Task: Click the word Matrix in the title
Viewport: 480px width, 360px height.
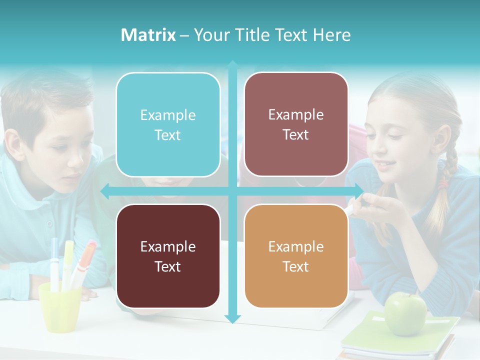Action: [148, 35]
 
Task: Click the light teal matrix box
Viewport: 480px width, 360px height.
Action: [168, 124]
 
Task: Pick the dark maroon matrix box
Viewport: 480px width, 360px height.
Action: [168, 256]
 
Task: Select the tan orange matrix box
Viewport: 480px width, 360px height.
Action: [296, 256]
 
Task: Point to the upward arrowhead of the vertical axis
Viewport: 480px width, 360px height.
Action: [232, 64]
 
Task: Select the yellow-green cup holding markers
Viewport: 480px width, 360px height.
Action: [59, 307]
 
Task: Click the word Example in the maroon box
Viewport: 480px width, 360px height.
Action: [168, 246]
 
